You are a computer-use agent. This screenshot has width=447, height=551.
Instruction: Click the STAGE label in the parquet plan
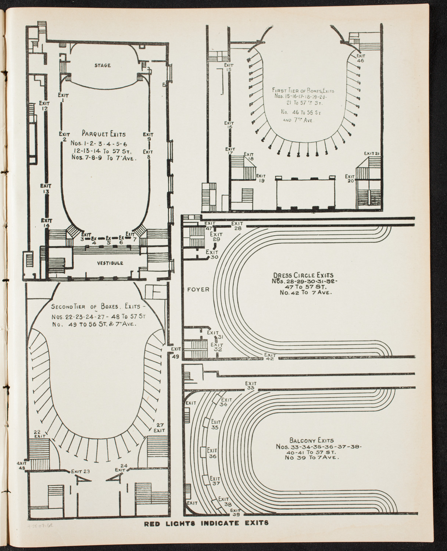102,65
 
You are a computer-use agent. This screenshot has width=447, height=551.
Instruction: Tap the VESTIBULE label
110,263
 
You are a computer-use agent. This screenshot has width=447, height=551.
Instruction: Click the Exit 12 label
45,106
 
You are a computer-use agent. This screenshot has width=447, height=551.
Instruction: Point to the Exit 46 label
360,58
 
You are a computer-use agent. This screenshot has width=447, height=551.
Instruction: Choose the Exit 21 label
372,153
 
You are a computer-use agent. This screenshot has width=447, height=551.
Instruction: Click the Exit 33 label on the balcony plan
251,385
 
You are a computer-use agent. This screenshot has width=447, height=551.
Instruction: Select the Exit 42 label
270,357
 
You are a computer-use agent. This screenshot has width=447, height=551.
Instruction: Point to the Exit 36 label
212,453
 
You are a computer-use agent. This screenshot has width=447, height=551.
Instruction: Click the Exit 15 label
229,67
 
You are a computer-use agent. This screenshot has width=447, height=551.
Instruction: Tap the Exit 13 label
46,188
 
